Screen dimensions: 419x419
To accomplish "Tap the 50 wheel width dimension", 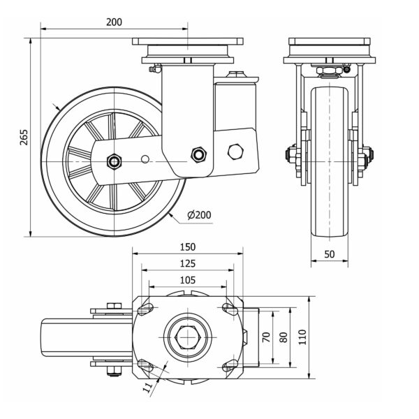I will [x=329, y=254].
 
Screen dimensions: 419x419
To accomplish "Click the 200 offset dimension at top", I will [x=114, y=22].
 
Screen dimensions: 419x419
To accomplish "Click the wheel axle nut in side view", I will [x=113, y=161].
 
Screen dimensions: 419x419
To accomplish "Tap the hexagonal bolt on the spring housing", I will [x=236, y=151].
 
